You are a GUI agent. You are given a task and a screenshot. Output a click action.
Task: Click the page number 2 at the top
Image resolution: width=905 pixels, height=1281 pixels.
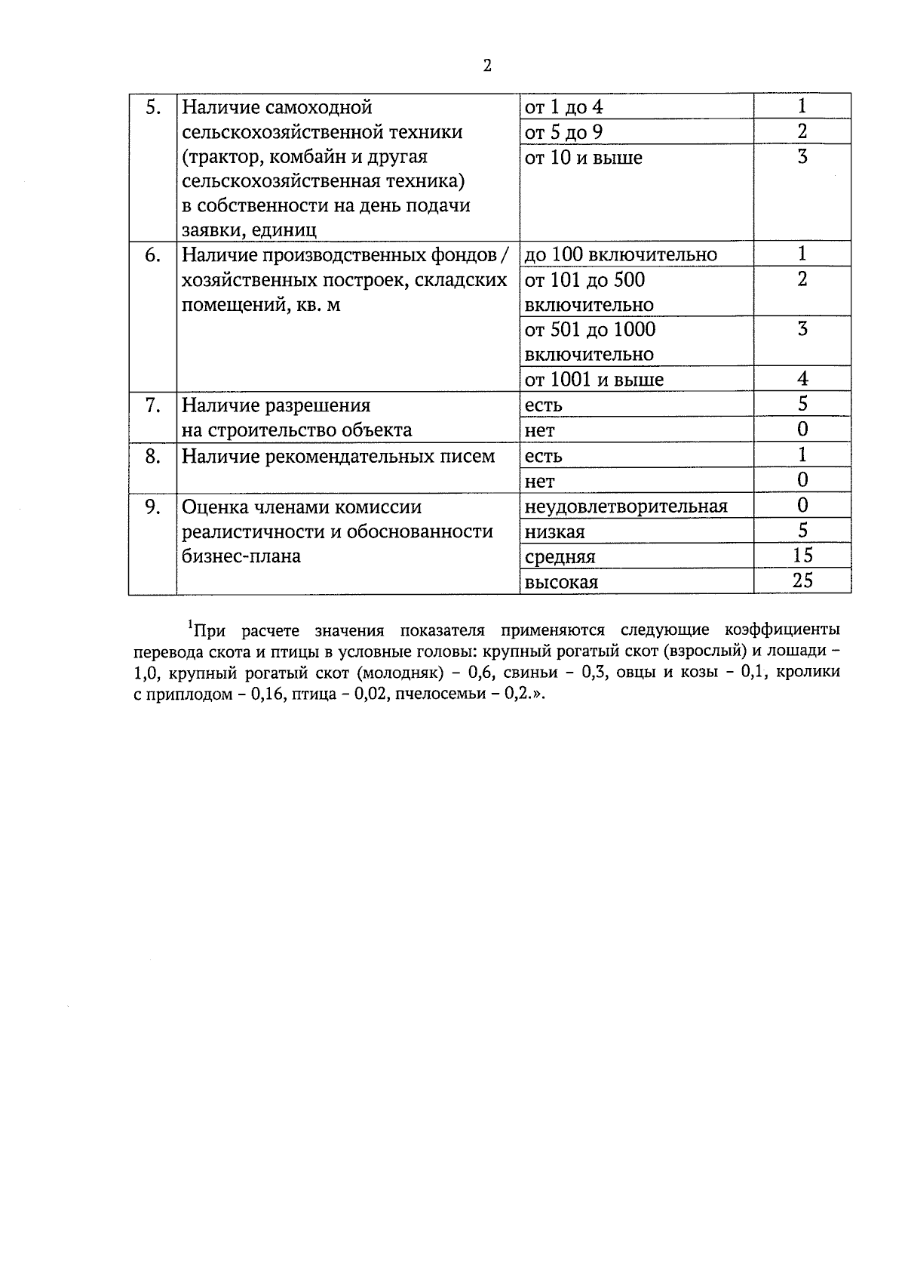point(487,66)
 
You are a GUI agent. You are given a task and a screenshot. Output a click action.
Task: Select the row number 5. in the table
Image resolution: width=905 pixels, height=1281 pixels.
point(153,107)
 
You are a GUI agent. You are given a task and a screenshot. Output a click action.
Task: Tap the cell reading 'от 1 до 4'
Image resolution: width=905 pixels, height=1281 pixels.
point(564,107)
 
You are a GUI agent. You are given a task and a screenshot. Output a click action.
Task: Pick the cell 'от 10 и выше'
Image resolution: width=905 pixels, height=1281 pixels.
point(584,158)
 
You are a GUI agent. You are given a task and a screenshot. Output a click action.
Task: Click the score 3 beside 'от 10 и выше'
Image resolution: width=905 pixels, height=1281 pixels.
point(802,157)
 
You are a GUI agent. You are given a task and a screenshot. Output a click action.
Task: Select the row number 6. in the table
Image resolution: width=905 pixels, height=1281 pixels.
point(153,255)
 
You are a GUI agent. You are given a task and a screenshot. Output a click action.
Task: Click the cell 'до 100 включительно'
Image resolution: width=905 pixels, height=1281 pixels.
point(621,254)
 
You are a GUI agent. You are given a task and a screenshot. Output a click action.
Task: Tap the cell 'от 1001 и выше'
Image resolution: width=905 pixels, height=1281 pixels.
point(594,380)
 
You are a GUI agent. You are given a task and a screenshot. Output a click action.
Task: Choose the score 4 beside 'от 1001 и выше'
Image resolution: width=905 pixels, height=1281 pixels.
point(802,379)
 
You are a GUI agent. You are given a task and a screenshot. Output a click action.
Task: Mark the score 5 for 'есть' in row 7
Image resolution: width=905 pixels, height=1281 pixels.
point(802,404)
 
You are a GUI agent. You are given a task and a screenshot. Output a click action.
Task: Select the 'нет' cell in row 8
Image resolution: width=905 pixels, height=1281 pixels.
point(539,481)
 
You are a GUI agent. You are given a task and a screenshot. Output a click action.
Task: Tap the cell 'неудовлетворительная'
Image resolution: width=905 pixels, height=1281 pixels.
point(626,506)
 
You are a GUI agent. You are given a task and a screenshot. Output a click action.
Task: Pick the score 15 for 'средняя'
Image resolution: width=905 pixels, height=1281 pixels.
point(802,556)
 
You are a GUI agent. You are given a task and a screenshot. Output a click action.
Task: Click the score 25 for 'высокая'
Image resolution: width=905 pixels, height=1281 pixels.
point(802,581)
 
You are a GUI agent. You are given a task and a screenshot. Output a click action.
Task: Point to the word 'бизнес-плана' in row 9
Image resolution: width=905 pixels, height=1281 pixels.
point(241,556)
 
